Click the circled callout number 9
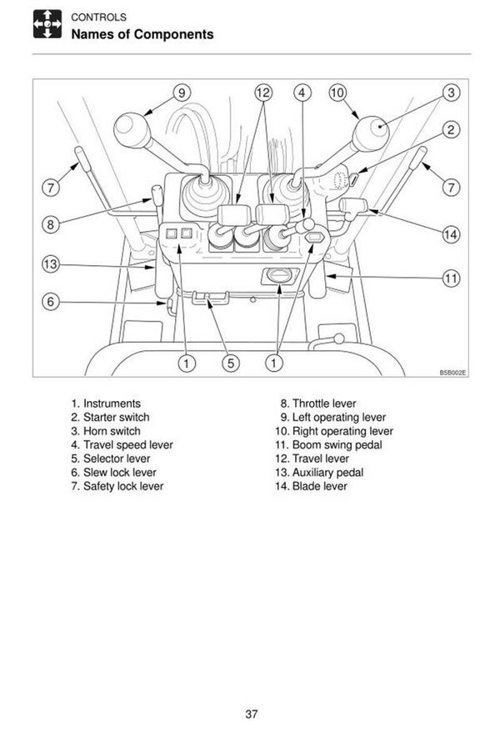coord(182,93)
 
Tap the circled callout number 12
coord(263,93)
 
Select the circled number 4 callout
coord(302,93)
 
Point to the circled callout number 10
coord(337,93)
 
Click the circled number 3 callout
coord(451,93)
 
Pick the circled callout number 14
coord(451,233)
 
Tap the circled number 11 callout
coord(451,278)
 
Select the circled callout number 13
coord(50,264)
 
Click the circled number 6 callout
coord(50,302)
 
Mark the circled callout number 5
coord(231,363)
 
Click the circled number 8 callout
coord(50,223)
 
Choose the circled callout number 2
coord(451,129)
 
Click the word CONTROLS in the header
coord(99,17)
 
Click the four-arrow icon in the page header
coord(48,25)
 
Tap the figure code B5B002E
coord(453,373)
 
